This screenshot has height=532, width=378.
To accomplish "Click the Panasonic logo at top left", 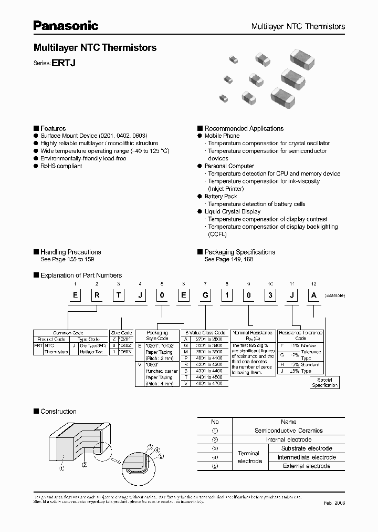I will [66, 25].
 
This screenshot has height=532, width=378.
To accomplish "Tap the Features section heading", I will [53, 128].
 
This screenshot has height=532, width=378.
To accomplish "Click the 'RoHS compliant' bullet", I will [61, 166].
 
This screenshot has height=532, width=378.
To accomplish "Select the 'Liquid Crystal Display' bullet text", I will [233, 211].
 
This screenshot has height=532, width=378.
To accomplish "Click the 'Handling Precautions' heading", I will [70, 252].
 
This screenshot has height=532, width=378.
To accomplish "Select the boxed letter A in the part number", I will [314, 295].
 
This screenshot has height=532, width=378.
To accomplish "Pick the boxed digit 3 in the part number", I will [269, 295].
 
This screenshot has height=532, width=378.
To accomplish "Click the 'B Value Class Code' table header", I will [205, 333].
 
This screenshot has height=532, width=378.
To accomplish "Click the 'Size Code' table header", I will [121, 333].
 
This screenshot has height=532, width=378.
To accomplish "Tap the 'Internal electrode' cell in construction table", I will [288, 439].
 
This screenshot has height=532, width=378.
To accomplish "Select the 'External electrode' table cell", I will [307, 466].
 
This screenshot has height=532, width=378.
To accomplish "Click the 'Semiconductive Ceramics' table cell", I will [288, 431].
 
